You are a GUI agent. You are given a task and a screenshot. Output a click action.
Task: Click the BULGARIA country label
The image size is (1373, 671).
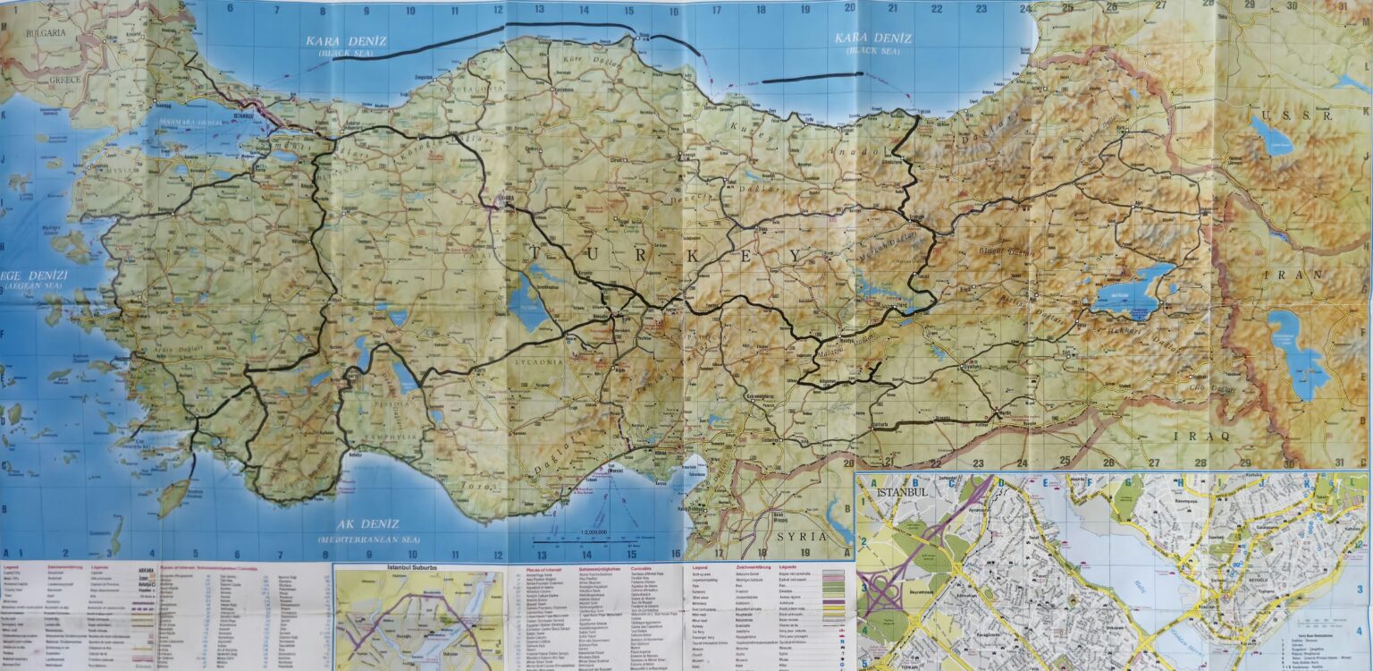(x=46, y=33)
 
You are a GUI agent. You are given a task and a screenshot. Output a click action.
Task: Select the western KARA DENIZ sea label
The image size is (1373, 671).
(x=340, y=41)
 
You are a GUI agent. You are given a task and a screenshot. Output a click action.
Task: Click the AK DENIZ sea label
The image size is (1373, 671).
(x=368, y=524)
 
